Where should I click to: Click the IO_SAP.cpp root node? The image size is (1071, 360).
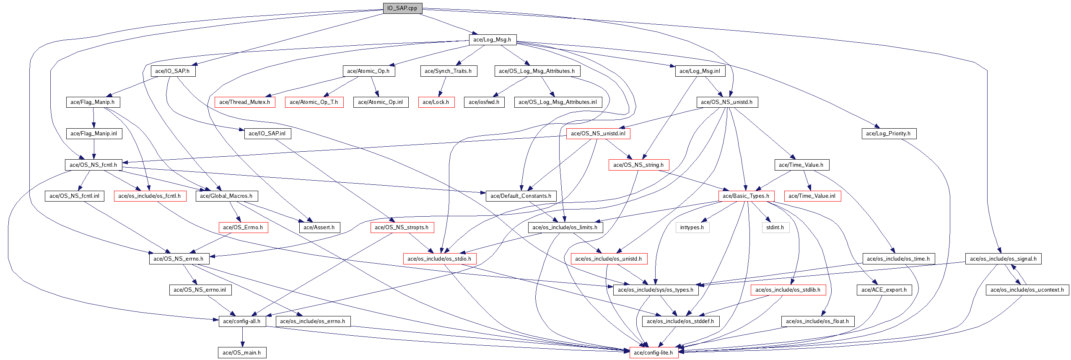click(402, 8)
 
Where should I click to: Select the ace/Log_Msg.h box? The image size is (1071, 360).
click(492, 39)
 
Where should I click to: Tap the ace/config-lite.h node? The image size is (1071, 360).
click(653, 352)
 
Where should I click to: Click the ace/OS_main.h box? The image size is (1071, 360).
click(242, 352)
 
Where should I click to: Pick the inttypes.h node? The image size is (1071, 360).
click(692, 227)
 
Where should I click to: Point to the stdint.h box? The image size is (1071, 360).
click(775, 227)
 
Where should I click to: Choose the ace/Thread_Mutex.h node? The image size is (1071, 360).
click(245, 102)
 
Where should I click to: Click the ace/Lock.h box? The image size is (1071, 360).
click(436, 102)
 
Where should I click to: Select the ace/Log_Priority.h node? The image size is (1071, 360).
click(889, 133)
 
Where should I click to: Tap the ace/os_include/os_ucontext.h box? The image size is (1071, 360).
click(1027, 290)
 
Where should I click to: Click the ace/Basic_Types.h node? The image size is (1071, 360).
click(746, 196)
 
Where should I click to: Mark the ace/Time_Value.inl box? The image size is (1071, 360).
click(812, 196)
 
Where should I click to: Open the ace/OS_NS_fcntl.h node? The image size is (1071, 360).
click(93, 165)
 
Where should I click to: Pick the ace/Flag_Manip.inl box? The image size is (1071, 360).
click(94, 133)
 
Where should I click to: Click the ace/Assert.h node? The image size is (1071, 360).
click(319, 227)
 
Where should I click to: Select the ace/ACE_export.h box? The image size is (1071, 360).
click(884, 290)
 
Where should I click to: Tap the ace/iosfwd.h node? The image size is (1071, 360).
click(484, 102)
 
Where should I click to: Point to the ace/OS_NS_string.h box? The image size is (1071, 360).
click(638, 165)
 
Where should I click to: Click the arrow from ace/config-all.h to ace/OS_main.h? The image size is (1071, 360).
click(242, 337)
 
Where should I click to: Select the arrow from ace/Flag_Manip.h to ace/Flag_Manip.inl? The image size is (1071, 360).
click(94, 118)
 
